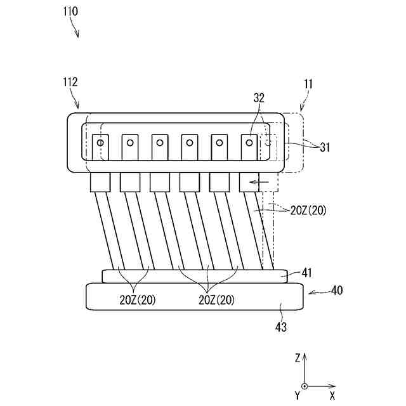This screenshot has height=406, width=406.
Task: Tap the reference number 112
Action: pos(70,82)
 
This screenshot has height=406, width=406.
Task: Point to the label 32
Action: pos(259,98)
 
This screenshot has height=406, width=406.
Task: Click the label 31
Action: pos(325,147)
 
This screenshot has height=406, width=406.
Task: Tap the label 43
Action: pos(280,327)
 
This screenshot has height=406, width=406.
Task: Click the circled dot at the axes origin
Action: pos(305,386)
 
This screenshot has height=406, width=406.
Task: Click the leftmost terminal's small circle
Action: pos(100,143)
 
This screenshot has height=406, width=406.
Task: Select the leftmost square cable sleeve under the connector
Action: pos(100,183)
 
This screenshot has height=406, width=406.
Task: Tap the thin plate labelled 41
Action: pos(195,276)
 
